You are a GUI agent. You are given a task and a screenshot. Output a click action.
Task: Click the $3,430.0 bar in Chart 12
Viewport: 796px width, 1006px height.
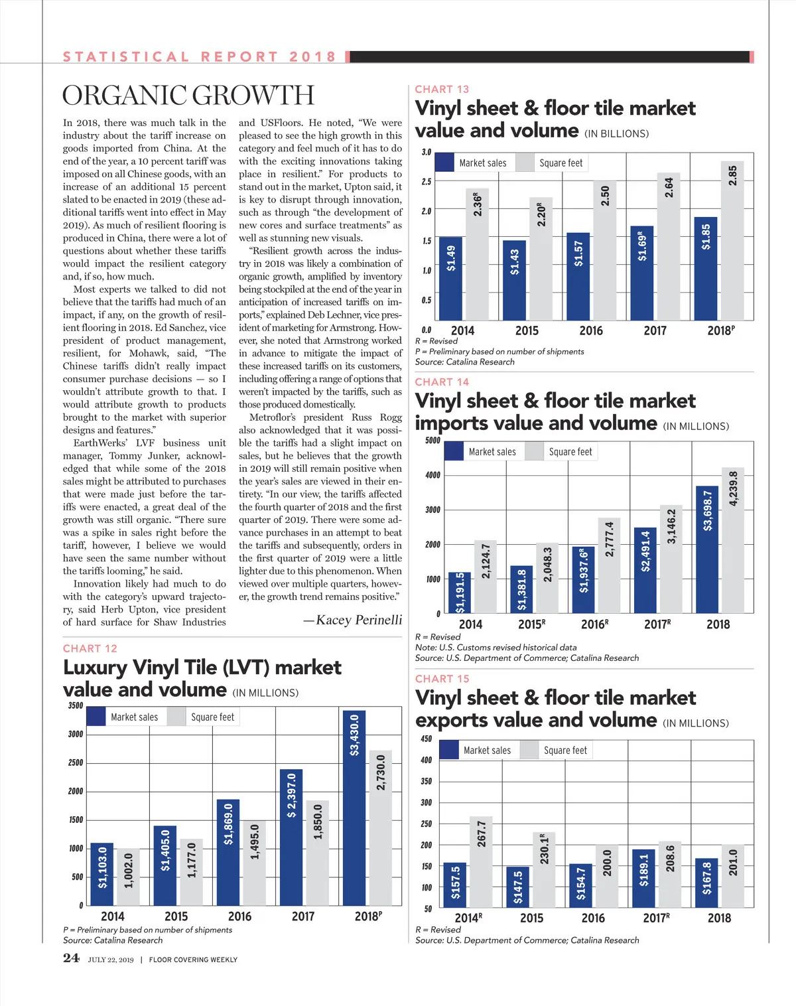(x=354, y=807)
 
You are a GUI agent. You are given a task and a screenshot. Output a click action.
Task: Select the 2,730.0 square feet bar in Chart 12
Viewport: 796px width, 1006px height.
(x=381, y=827)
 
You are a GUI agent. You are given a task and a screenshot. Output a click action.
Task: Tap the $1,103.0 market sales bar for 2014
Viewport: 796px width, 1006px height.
(x=102, y=874)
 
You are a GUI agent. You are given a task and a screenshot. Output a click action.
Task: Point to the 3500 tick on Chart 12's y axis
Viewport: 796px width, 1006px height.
(x=76, y=705)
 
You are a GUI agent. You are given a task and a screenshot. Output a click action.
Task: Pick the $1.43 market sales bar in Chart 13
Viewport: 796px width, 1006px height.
(x=514, y=280)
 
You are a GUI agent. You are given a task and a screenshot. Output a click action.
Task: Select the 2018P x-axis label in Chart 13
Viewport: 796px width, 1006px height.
(x=721, y=330)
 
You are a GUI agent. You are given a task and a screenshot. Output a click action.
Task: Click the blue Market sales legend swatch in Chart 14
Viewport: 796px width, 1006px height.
(x=454, y=451)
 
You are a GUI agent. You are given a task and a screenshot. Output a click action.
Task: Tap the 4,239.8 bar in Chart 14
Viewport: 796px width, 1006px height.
(x=733, y=539)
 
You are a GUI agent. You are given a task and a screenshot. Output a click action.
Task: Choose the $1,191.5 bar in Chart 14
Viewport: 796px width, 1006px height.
(x=460, y=592)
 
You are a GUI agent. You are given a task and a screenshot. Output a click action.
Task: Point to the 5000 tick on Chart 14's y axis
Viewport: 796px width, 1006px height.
(x=432, y=441)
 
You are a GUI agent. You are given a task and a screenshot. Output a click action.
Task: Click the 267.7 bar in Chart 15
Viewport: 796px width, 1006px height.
(x=482, y=861)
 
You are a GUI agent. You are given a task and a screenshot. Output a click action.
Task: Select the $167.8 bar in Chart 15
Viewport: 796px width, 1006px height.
(x=706, y=883)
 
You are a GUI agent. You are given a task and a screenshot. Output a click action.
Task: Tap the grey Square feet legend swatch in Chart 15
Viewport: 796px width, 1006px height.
(x=529, y=751)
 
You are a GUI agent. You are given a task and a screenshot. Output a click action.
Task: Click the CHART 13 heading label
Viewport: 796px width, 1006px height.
(x=442, y=90)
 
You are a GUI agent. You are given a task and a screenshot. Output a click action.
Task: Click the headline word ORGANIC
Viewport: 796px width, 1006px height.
(x=123, y=96)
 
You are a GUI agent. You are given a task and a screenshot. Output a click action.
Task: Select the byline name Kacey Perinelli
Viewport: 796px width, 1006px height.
(x=359, y=620)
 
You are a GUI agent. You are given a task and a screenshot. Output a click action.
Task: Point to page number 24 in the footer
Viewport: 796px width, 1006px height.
(x=71, y=958)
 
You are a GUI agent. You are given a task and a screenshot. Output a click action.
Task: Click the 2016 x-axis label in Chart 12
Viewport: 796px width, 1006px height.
(x=239, y=916)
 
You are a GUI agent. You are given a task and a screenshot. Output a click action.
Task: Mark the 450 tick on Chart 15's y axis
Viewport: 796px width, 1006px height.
(x=426, y=739)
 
